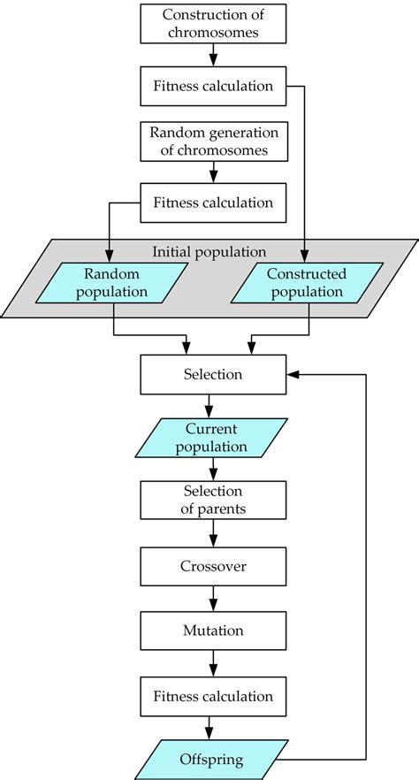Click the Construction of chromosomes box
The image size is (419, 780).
coord(212,24)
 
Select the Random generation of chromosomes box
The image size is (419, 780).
coord(212,142)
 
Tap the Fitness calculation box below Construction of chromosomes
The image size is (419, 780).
coord(212,86)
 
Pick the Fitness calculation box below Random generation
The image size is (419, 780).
coord(212,203)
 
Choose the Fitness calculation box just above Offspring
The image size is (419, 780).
coord(212,696)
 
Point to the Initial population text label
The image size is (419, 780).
coord(209,251)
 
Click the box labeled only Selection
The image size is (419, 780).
coord(212,374)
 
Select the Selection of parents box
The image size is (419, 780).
coord(212,501)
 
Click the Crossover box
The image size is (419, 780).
coord(212,565)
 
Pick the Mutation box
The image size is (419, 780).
coord(212,631)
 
